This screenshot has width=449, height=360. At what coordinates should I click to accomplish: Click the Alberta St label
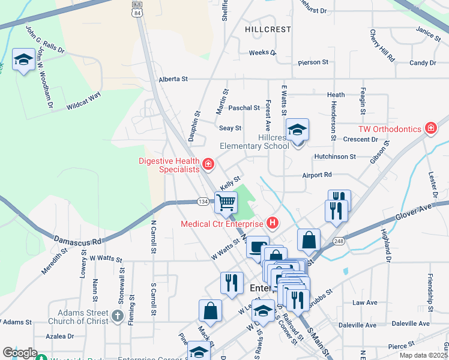(173, 79)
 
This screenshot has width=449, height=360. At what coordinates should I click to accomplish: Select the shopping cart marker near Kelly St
(226, 203)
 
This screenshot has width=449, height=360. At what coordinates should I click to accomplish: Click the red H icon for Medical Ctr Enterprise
(273, 224)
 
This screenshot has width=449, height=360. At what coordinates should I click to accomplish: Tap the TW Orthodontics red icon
(430, 128)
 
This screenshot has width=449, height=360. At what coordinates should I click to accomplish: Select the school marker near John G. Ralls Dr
(23, 59)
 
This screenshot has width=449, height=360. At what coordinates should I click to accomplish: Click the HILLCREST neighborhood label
(268, 29)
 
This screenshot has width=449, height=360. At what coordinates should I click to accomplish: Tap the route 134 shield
(203, 202)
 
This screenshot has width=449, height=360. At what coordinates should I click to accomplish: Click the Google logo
(20, 353)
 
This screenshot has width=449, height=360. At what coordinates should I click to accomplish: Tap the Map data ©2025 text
(423, 355)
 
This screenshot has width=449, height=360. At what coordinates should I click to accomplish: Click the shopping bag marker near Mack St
(211, 311)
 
